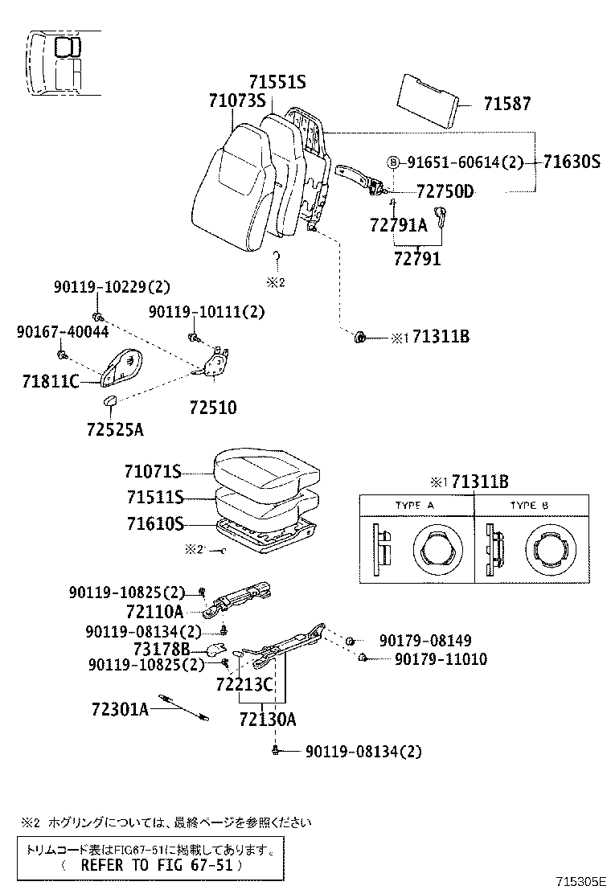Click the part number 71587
tap(507, 104)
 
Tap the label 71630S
tap(571, 162)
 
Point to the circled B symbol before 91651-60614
tap(394, 162)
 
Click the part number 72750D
tap(445, 191)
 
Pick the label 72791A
tap(399, 226)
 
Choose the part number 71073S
tap(237, 100)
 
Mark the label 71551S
tap(277, 82)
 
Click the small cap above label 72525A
tap(109, 401)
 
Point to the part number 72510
tap(213, 408)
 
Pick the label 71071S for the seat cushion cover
tap(153, 471)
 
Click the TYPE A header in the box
tap(414, 505)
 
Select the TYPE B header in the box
tap(529, 505)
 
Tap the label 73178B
tap(161, 649)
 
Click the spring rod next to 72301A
tap(184, 706)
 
